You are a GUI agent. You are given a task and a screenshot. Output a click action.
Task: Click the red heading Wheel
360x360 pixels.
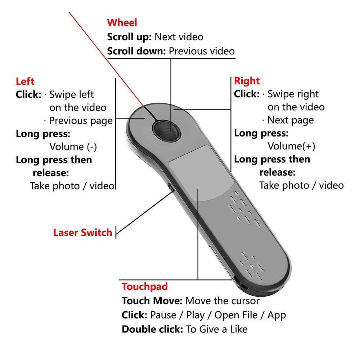point(122,23)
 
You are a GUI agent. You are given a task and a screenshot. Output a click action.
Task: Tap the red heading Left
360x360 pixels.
point(25,81)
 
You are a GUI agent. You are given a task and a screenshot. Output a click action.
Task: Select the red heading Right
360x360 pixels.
point(247,81)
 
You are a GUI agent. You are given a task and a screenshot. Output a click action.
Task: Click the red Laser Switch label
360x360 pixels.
point(83,232)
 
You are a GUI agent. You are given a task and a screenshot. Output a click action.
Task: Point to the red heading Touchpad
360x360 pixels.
point(145,287)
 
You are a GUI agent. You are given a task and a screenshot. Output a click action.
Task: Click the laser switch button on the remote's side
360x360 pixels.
point(170,186)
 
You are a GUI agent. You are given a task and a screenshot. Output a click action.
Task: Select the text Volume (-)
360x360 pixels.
point(73,147)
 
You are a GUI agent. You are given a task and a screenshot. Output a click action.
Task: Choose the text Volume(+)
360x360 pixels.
point(291,146)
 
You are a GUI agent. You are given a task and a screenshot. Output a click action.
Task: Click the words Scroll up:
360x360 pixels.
point(130,37)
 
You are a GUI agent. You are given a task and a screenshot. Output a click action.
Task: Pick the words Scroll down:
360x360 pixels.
point(136,51)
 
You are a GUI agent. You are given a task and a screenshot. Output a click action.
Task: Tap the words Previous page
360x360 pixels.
point(81,120)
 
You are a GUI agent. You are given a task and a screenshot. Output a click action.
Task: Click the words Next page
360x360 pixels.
point(290,120)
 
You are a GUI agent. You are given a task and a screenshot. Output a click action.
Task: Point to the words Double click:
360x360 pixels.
point(152,329)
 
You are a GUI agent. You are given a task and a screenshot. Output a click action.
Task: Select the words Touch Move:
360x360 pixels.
point(152,301)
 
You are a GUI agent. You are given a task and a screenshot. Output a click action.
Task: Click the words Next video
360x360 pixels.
point(179,37)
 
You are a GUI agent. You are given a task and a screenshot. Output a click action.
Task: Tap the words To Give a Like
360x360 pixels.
point(217,329)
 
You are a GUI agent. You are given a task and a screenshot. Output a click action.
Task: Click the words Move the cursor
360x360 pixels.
point(222,301)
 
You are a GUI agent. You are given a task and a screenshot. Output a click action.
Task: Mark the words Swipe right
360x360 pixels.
point(293,94)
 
